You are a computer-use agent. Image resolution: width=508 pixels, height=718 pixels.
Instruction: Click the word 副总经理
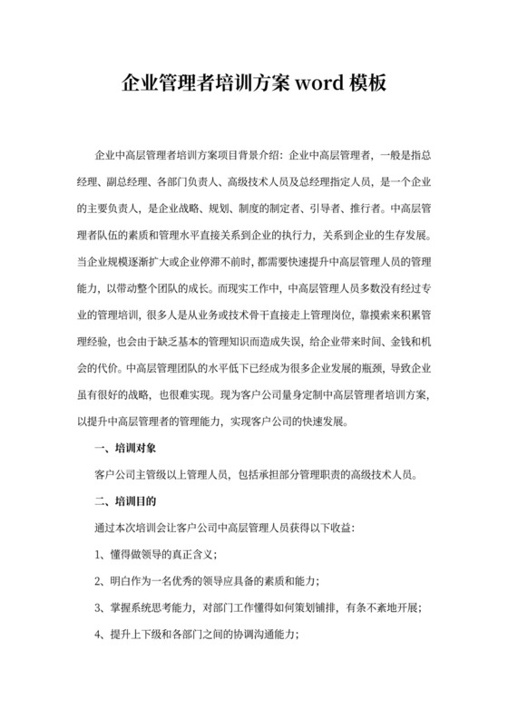click(x=120, y=180)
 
